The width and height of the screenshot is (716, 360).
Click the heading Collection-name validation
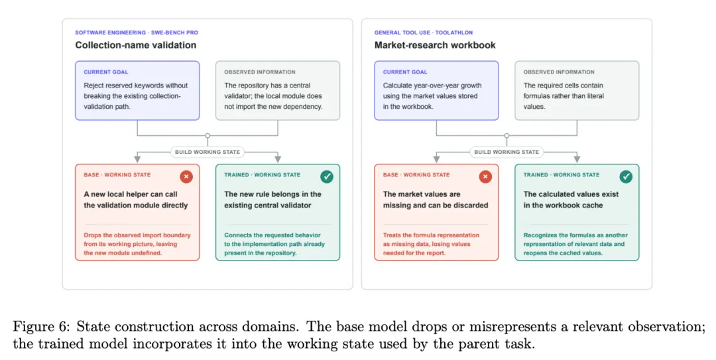click(x=136, y=45)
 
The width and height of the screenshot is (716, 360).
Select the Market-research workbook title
click(x=435, y=45)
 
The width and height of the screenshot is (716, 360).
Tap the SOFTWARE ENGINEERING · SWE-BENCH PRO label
click(x=137, y=32)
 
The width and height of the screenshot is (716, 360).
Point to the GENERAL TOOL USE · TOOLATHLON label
click(x=423, y=32)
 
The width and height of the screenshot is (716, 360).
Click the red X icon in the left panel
click(x=186, y=176)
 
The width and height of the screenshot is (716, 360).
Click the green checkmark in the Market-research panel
click(x=626, y=176)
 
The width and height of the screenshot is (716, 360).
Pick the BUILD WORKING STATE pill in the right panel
click(x=507, y=152)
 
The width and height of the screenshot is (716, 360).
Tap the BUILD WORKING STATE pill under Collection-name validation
click(x=208, y=152)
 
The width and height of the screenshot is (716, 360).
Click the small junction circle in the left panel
click(x=208, y=136)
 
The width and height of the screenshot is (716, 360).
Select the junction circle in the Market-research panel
click(x=507, y=136)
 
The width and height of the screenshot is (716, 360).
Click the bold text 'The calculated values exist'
click(x=571, y=194)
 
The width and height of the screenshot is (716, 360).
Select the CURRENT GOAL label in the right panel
click(x=405, y=72)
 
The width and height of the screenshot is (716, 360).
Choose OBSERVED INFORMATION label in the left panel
click(x=260, y=72)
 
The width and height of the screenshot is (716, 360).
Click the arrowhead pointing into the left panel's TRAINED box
click(x=278, y=159)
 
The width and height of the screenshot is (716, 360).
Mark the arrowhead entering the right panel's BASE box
click(x=436, y=159)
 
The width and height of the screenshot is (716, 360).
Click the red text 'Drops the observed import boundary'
click(x=137, y=235)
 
